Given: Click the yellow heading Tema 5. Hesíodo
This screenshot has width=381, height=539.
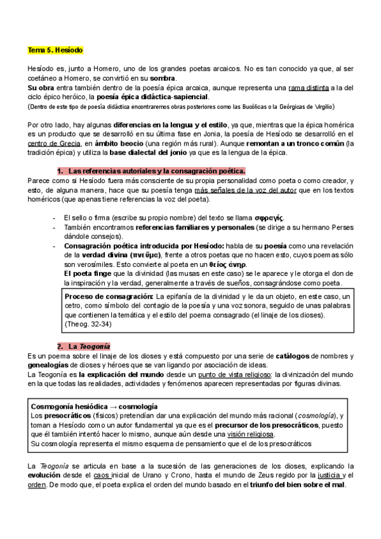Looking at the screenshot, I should (55, 50).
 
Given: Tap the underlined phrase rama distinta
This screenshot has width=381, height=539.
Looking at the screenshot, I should (309, 86).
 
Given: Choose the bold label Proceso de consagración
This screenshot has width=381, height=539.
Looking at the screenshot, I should (109, 297).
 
